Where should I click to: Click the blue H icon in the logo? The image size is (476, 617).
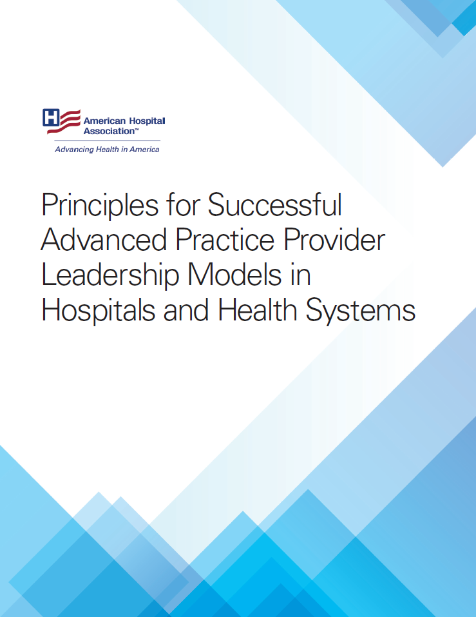pos(52,117)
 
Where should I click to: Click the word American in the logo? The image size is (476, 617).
pos(104,121)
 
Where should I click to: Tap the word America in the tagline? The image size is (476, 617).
pos(144,150)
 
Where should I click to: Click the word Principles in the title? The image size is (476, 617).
pos(99,206)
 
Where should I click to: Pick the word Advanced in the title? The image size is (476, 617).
pos(104,240)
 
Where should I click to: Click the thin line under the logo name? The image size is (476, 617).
pos(107,141)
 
